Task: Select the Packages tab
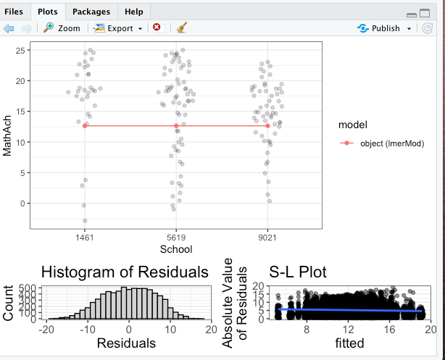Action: (x=91, y=12)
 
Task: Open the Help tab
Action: (x=133, y=12)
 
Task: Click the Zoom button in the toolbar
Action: (x=62, y=28)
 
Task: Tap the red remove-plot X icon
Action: (x=157, y=28)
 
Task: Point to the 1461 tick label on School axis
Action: (x=85, y=238)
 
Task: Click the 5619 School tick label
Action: (x=176, y=238)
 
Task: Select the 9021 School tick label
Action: (x=267, y=238)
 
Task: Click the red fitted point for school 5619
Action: (x=176, y=126)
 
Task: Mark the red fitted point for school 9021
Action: (x=267, y=126)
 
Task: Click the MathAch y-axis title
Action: (x=8, y=138)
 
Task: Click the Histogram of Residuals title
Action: (x=125, y=272)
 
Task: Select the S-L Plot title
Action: (x=298, y=272)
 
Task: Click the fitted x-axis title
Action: (x=349, y=343)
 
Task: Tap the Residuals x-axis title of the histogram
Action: (x=126, y=343)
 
